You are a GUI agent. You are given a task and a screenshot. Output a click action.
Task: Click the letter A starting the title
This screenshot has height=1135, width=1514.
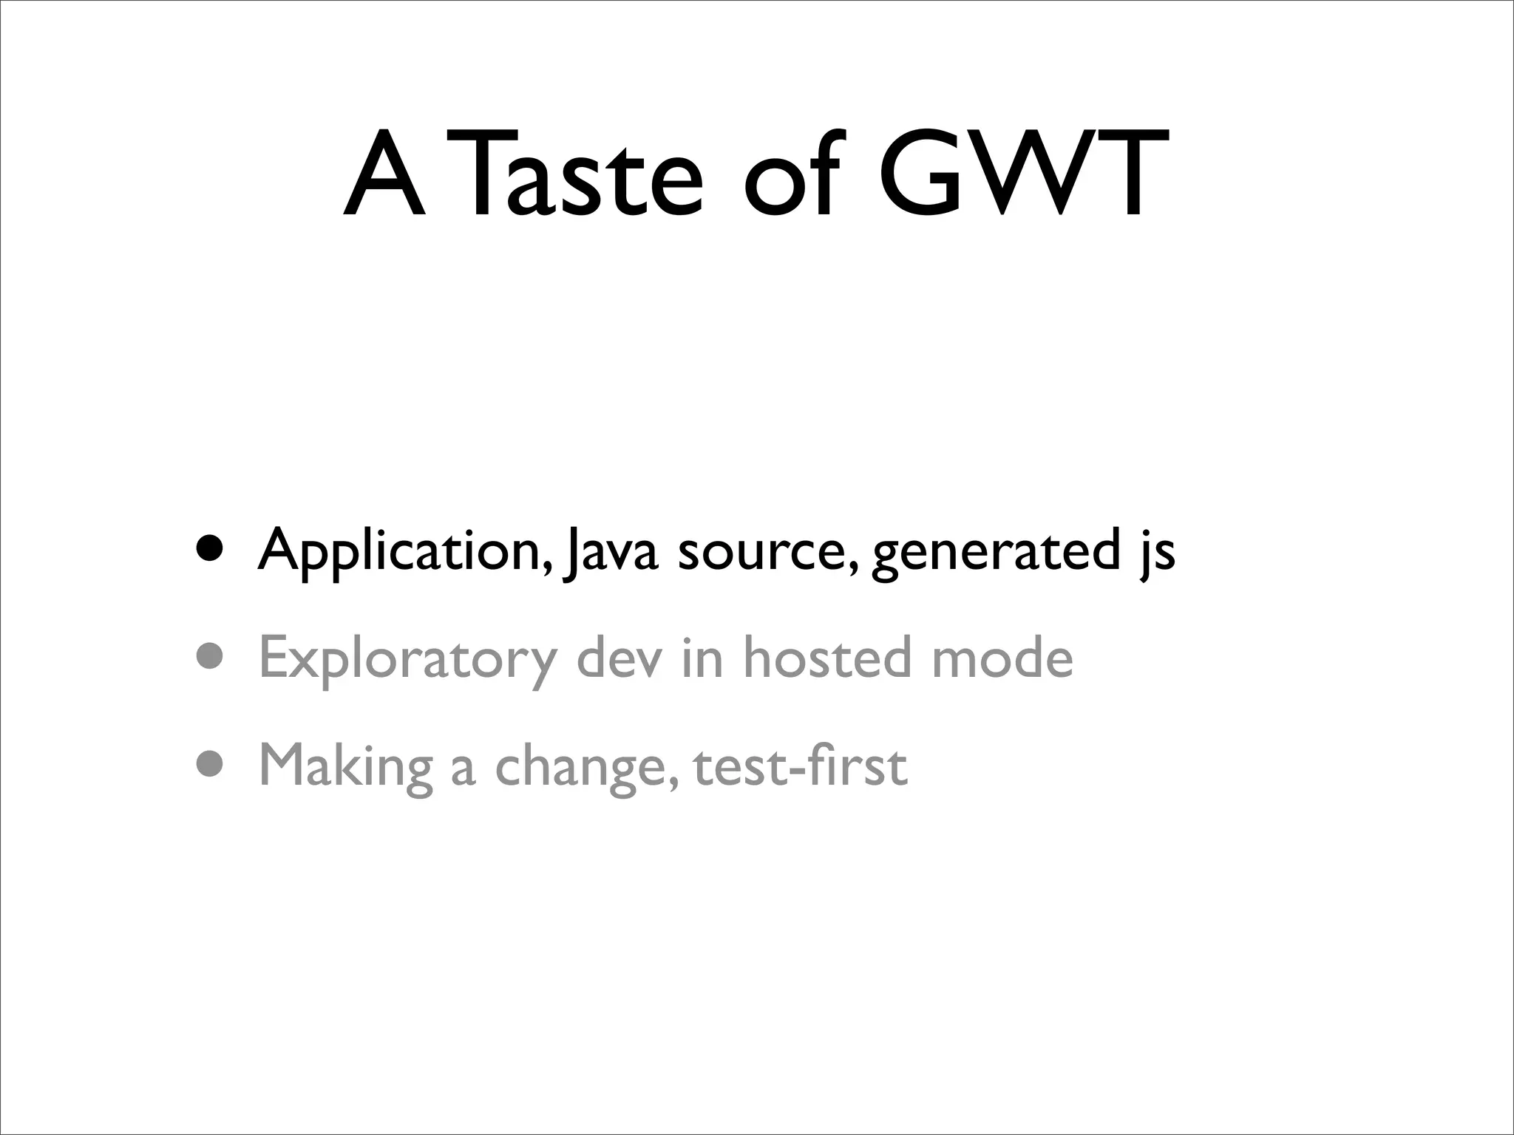point(385,174)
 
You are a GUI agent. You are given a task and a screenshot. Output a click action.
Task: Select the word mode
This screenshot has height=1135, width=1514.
point(1002,657)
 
